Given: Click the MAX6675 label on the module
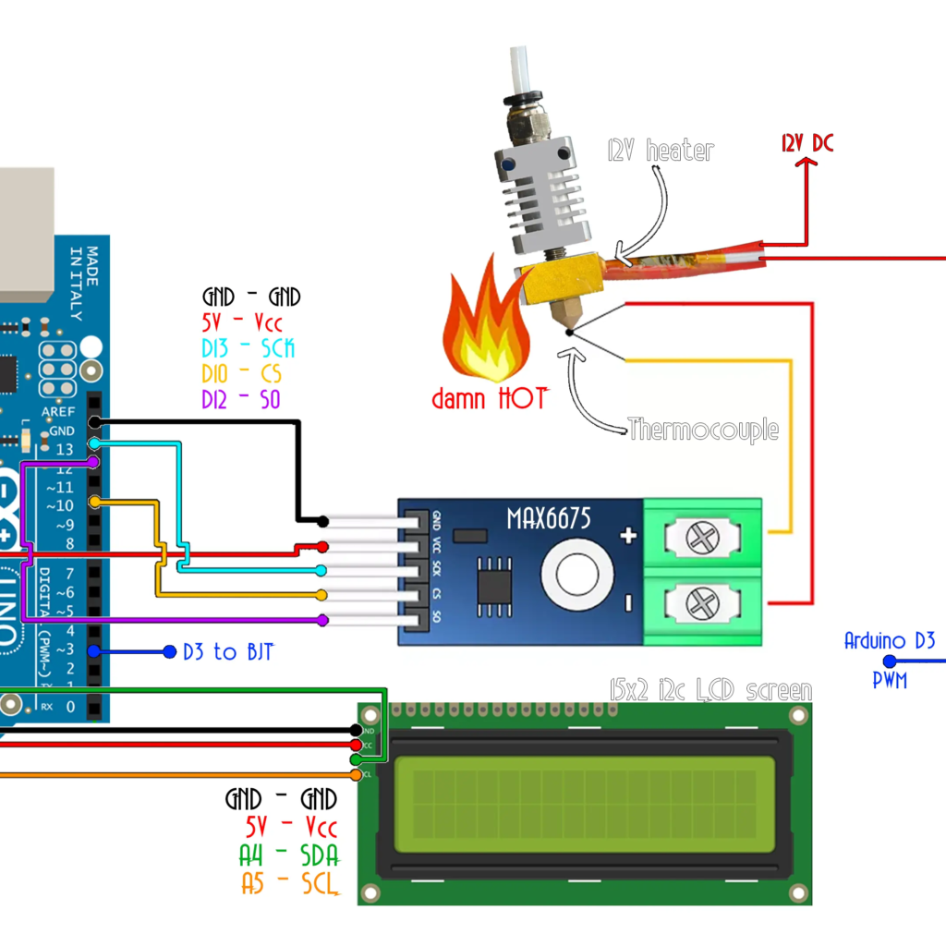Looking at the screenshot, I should tap(548, 517).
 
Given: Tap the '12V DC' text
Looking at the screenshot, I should tap(807, 143).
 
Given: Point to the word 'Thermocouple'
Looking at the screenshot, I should tap(703, 429).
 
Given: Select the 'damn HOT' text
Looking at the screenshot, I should tap(489, 399).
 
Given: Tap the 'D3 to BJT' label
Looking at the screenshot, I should tap(227, 651).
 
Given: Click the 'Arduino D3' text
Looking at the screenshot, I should tap(890, 640).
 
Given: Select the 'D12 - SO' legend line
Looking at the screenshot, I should tap(242, 400).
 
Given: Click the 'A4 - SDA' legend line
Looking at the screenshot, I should tap(288, 855).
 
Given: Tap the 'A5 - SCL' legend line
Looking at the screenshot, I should tap(289, 883).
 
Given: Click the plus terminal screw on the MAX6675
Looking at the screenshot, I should tap(703, 537).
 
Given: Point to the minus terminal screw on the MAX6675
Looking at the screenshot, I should tap(703, 604).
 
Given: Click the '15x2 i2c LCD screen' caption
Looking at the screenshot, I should tap(710, 690).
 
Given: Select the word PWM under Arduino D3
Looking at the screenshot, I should tap(890, 681).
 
